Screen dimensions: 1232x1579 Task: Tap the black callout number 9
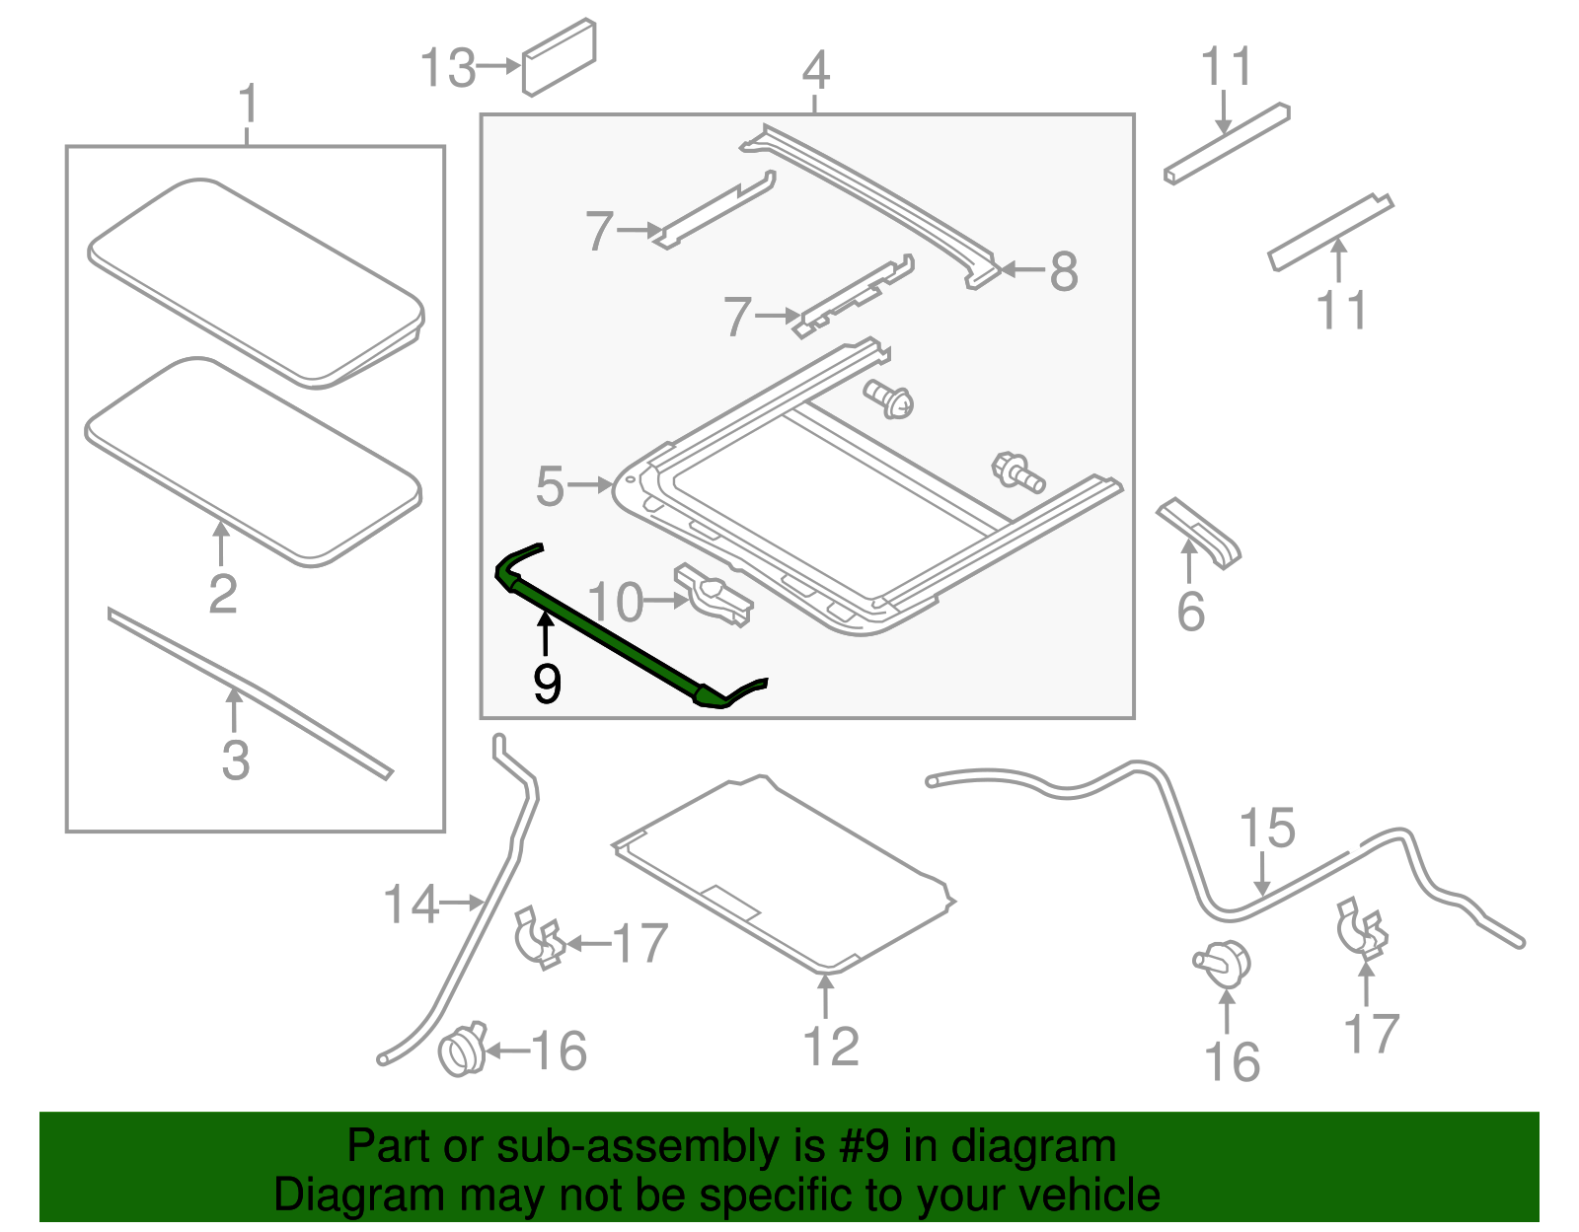[x=547, y=683]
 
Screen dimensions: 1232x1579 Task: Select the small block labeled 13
[x=559, y=58]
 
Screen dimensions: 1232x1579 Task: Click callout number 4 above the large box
[x=815, y=70]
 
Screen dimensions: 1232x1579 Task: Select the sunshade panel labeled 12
[x=785, y=873]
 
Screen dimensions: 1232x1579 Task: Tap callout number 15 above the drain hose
[x=1266, y=829]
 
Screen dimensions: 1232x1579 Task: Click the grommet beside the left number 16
[x=462, y=1050]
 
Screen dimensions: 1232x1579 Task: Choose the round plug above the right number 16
[x=1224, y=962]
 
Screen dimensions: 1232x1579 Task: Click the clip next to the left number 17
[x=539, y=936]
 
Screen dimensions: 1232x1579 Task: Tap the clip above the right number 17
[x=1361, y=928]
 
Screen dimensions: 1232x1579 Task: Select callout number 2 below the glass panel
[x=223, y=593]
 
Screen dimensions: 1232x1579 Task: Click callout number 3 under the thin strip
[x=235, y=760]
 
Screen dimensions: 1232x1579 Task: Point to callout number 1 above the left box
[x=249, y=104]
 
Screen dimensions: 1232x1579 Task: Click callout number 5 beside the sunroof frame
[x=550, y=486]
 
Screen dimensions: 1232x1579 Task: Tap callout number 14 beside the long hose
[x=411, y=904]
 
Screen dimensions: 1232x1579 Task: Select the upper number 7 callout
[x=599, y=231]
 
